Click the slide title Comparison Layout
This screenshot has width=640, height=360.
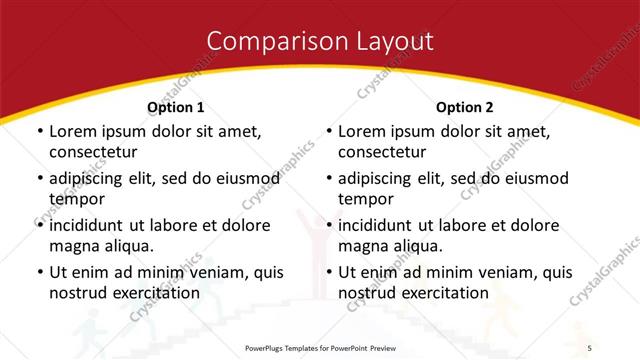320,41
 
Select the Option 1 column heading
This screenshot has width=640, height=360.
176,107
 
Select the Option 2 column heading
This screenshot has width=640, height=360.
465,107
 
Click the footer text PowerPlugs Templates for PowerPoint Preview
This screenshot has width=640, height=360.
320,347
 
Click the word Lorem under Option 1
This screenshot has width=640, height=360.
73,131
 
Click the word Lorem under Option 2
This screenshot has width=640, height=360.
362,131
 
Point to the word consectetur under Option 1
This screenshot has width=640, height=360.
93,152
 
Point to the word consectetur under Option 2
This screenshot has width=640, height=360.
382,152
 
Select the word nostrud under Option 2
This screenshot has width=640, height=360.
367,292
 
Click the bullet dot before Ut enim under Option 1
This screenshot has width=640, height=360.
38,272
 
